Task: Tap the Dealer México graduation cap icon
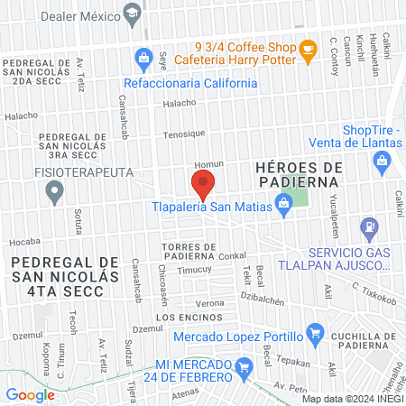pyautogui.click(x=133, y=13)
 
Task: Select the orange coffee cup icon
pyautogui.click(x=308, y=52)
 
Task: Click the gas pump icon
pyautogui.click(x=369, y=226)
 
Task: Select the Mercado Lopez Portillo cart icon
pyautogui.click(x=313, y=335)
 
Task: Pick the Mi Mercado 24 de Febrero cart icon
pyautogui.click(x=243, y=366)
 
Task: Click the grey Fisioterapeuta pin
pyautogui.click(x=55, y=191)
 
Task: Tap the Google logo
pyautogui.click(x=30, y=394)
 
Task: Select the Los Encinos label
pyautogui.click(x=188, y=318)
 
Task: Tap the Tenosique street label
pyautogui.click(x=184, y=134)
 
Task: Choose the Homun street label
pyautogui.click(x=208, y=164)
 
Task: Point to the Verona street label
pyautogui.click(x=210, y=302)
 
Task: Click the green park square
pyautogui.click(x=307, y=197)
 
